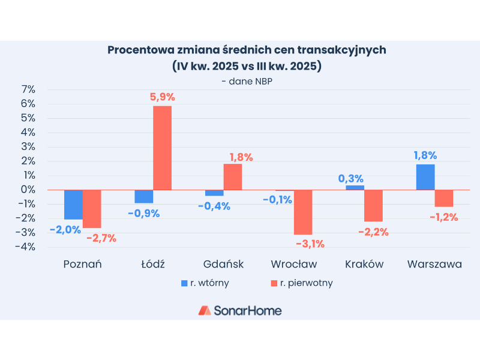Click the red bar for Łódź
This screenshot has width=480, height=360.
tap(162, 148)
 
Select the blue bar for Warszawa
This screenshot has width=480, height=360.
tap(425, 177)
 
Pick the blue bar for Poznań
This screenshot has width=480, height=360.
tap(73, 205)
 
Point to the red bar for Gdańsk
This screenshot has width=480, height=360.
tap(233, 177)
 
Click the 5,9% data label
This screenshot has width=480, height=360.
tap(163, 97)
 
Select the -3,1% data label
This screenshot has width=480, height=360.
tap(310, 244)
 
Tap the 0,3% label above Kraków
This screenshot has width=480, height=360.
tap(351, 178)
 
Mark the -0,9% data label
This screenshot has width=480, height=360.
tap(143, 213)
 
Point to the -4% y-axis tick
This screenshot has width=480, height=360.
tap(26, 247)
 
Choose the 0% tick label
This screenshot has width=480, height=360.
tap(28, 190)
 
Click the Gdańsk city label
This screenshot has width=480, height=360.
tap(223, 264)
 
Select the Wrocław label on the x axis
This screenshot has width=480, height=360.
tap(294, 264)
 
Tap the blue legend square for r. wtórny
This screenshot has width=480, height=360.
tap(185, 282)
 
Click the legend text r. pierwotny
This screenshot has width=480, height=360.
tap(307, 282)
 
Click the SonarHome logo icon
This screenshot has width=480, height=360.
tap(205, 310)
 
